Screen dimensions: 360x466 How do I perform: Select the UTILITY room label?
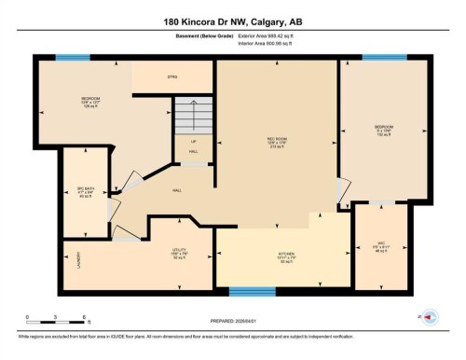[179, 253]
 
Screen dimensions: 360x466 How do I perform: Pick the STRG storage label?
[172, 76]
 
